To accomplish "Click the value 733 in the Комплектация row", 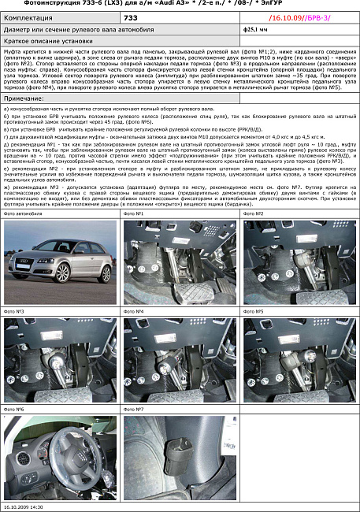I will [x=131, y=16].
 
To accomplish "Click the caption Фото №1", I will [x=134, y=213].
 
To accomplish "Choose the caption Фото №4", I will [x=134, y=311].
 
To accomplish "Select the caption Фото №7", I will [x=134, y=410].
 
